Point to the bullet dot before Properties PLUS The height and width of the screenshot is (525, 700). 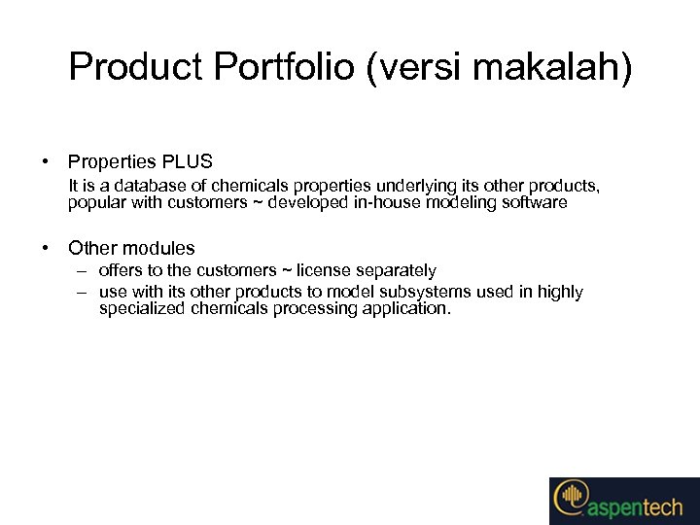click(46, 162)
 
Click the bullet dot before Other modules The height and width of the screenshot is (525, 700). click(46, 249)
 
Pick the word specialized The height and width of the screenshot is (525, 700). click(140, 309)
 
